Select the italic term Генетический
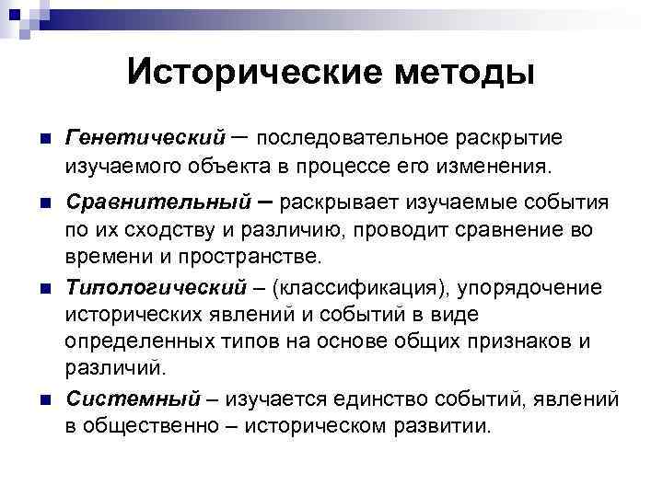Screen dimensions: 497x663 [x=145, y=138]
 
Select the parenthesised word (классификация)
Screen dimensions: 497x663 [x=366, y=288]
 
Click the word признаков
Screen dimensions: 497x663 [x=530, y=342]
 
